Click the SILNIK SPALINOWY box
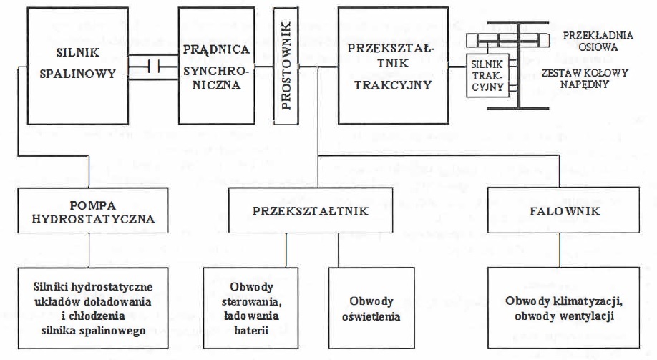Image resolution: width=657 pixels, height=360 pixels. pyautogui.click(x=78, y=66)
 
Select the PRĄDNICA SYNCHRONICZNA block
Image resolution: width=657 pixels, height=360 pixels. pyautogui.click(x=217, y=66)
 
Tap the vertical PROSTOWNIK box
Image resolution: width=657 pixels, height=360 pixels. pyautogui.click(x=286, y=66)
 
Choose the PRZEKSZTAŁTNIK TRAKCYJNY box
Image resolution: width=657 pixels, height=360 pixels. pyautogui.click(x=393, y=66)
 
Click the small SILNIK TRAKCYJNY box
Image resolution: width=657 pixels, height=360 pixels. pyautogui.click(x=487, y=75)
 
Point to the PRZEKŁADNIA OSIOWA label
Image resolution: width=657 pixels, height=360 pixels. pyautogui.click(x=598, y=41)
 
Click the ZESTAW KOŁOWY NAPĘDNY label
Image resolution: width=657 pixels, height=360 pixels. pyautogui.click(x=585, y=79)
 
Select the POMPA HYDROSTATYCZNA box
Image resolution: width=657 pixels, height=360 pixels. pyautogui.click(x=93, y=210)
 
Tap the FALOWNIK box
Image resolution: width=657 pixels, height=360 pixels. pyautogui.click(x=563, y=210)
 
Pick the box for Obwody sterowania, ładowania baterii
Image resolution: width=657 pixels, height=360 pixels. pyautogui.click(x=251, y=308)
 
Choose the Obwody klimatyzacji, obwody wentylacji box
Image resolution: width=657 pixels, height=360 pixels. pyautogui.click(x=563, y=308)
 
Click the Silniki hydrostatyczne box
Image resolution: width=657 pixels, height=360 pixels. pyautogui.click(x=93, y=308)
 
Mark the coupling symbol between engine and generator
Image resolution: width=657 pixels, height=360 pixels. pyautogui.click(x=153, y=67)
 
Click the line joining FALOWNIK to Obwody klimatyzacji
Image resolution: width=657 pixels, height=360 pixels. pyautogui.click(x=560, y=250)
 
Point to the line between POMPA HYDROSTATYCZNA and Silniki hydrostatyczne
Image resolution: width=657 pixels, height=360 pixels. pyautogui.click(x=89, y=250)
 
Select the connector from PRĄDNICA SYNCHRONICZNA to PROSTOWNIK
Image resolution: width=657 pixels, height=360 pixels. pyautogui.click(x=264, y=67)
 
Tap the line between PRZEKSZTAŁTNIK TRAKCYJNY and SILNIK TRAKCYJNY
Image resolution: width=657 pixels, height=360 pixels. pyautogui.click(x=457, y=67)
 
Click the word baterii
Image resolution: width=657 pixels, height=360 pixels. pyautogui.click(x=251, y=330)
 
